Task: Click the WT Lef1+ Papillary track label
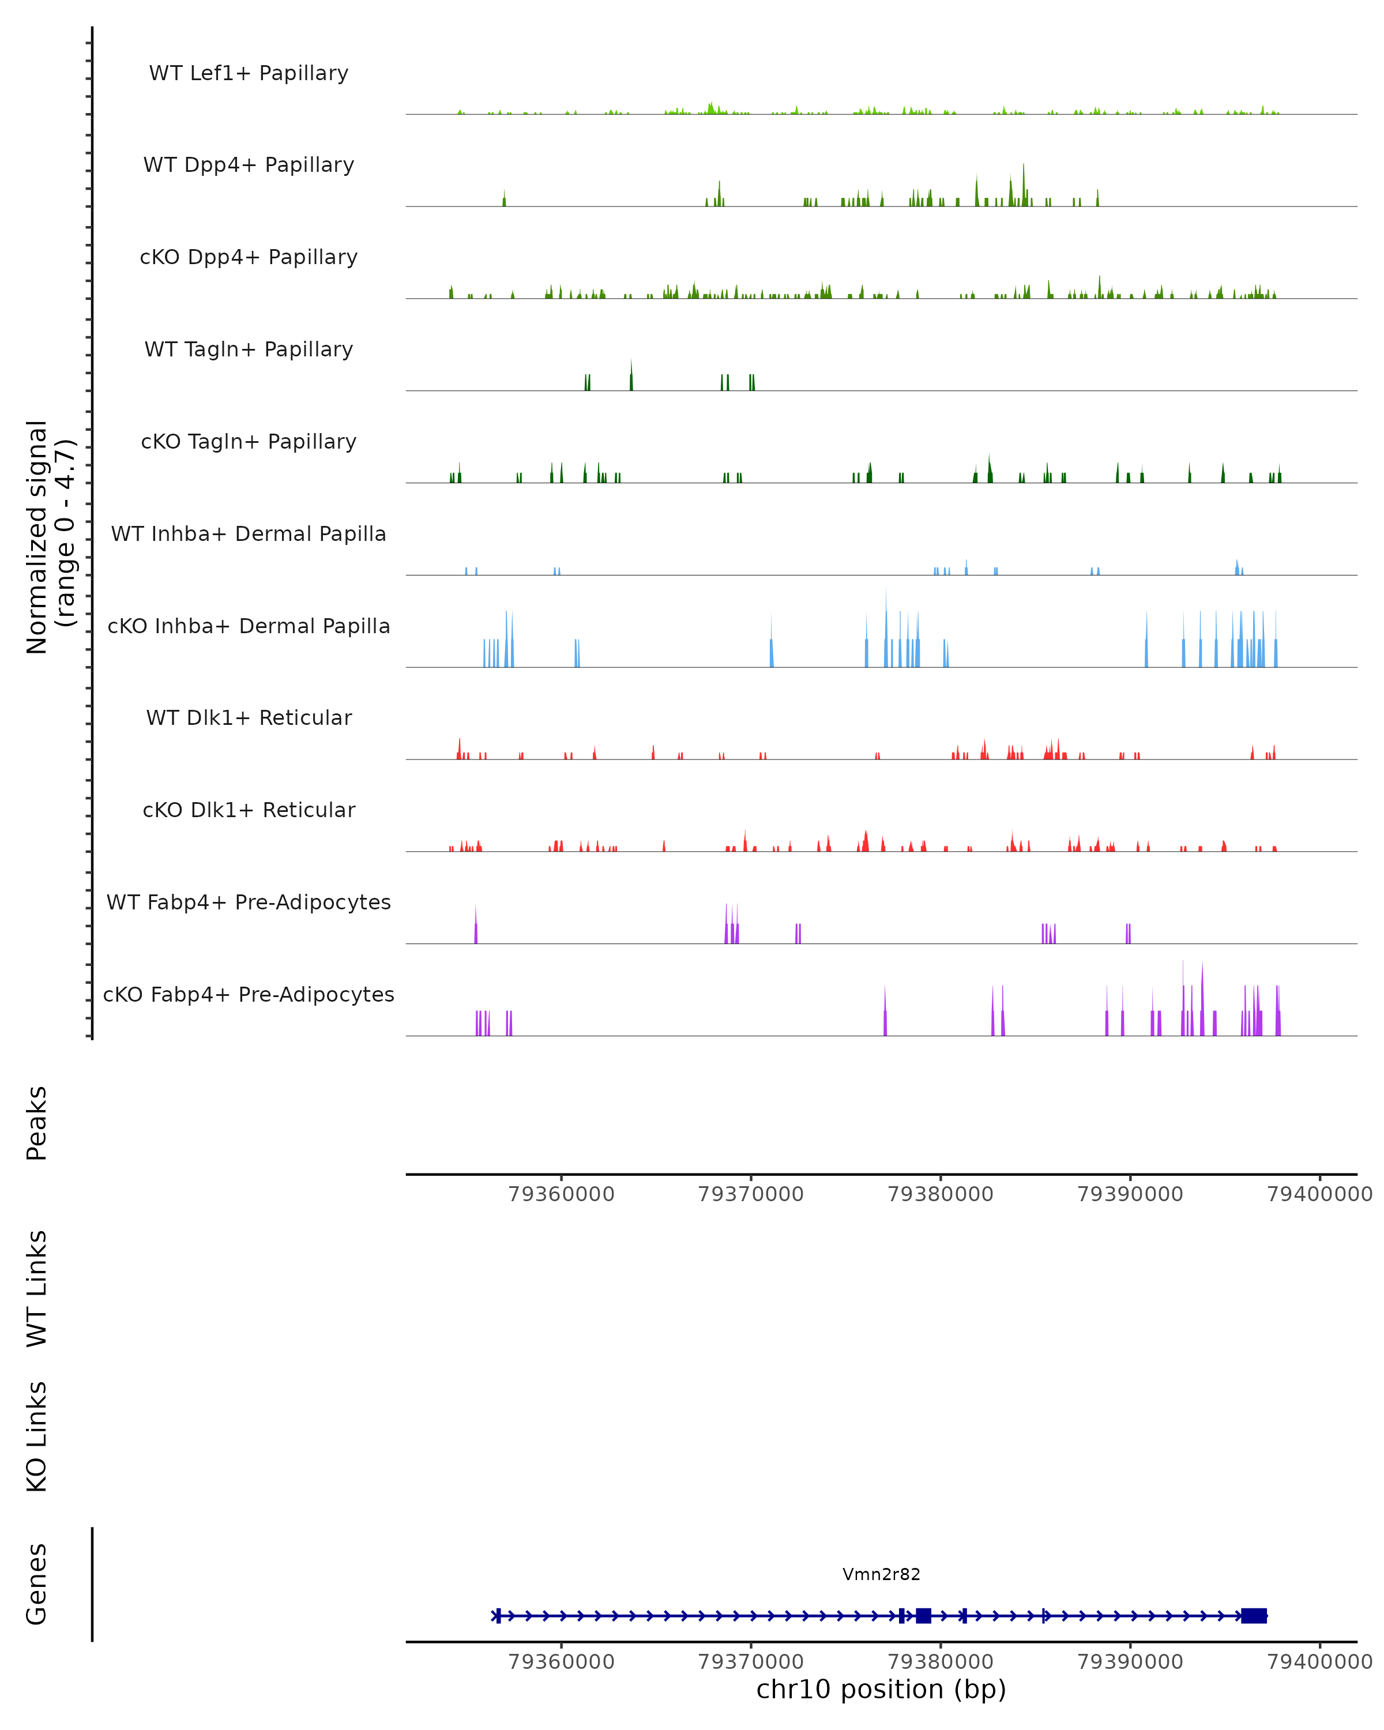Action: pos(249,73)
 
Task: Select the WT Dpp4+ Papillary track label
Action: pos(249,166)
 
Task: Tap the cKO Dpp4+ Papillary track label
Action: pos(249,258)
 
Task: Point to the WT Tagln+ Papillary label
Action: pos(249,350)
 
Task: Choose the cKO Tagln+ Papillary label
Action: pos(249,442)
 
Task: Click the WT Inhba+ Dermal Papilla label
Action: pos(249,535)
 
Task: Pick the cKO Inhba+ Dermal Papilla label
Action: pos(249,627)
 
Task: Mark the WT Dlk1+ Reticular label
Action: pos(249,718)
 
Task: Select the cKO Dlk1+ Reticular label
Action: pos(249,810)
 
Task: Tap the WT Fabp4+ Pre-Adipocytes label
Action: pos(249,902)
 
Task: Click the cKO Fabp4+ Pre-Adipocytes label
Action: pos(249,995)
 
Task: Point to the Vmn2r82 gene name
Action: pos(881,1574)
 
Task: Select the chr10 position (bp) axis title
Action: pos(881,1690)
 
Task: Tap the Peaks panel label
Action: pos(37,1123)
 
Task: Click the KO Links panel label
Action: pos(37,1437)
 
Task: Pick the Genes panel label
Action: pos(37,1584)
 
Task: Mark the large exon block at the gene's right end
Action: pos(1253,1616)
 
